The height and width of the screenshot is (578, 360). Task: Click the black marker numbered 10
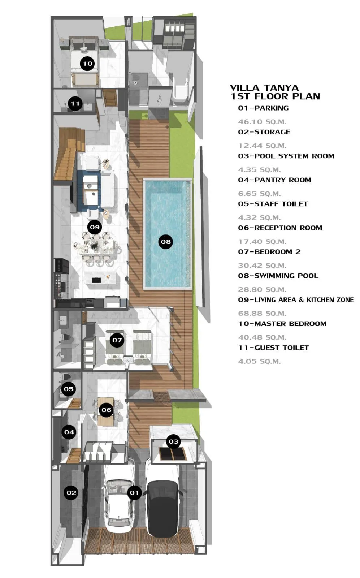pyautogui.click(x=87, y=64)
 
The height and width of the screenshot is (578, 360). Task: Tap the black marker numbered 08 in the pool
pyautogui.click(x=166, y=242)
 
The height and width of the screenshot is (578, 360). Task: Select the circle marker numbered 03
pyautogui.click(x=174, y=441)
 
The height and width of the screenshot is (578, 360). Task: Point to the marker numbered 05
pyautogui.click(x=69, y=389)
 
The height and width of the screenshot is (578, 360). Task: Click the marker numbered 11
pyautogui.click(x=75, y=103)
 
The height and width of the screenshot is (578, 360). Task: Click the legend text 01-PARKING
pyautogui.click(x=263, y=108)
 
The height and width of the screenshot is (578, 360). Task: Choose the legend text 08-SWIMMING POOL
pyautogui.click(x=278, y=276)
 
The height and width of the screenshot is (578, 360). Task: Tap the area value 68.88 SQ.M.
pyautogui.click(x=262, y=313)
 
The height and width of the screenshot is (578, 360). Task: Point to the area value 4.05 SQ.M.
pyautogui.click(x=259, y=361)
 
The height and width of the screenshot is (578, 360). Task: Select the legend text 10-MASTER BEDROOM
pyautogui.click(x=282, y=324)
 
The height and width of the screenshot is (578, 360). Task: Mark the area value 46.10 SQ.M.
pyautogui.click(x=262, y=121)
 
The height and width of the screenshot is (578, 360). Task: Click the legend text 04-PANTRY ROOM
pyautogui.click(x=275, y=180)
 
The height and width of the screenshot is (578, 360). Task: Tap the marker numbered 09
pyautogui.click(x=95, y=227)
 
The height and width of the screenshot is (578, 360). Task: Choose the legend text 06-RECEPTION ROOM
pyautogui.click(x=280, y=228)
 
